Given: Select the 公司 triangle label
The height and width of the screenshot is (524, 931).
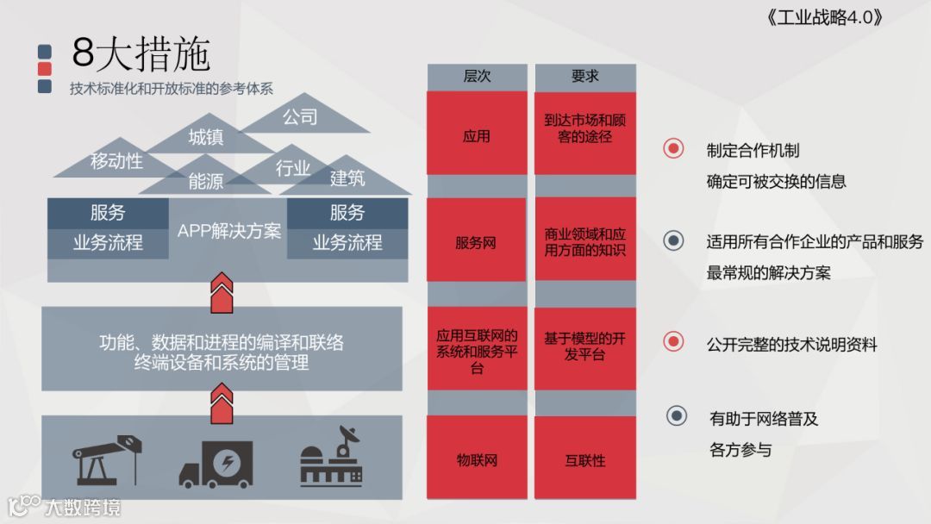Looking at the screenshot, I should [301, 117].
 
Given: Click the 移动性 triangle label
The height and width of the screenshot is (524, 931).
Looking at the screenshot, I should [116, 161].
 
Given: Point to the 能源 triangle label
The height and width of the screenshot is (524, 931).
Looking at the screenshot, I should [206, 181].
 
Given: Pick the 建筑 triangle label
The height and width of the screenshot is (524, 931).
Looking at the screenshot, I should [347, 178].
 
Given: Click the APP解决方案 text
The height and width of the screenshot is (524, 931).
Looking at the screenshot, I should [228, 231].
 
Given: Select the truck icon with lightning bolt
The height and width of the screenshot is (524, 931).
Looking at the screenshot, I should [216, 465].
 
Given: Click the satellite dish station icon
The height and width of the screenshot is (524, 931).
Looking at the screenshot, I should [332, 460].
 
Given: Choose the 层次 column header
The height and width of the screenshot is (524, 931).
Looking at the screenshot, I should [477, 76].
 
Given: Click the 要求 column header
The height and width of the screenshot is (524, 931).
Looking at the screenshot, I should [584, 76].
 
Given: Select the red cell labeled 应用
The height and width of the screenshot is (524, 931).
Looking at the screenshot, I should [477, 135].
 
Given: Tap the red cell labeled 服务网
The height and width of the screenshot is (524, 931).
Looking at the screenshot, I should [477, 242].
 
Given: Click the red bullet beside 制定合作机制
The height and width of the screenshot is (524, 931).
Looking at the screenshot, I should [673, 148].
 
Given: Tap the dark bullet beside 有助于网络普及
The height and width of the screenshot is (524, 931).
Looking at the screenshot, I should [677, 416].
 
